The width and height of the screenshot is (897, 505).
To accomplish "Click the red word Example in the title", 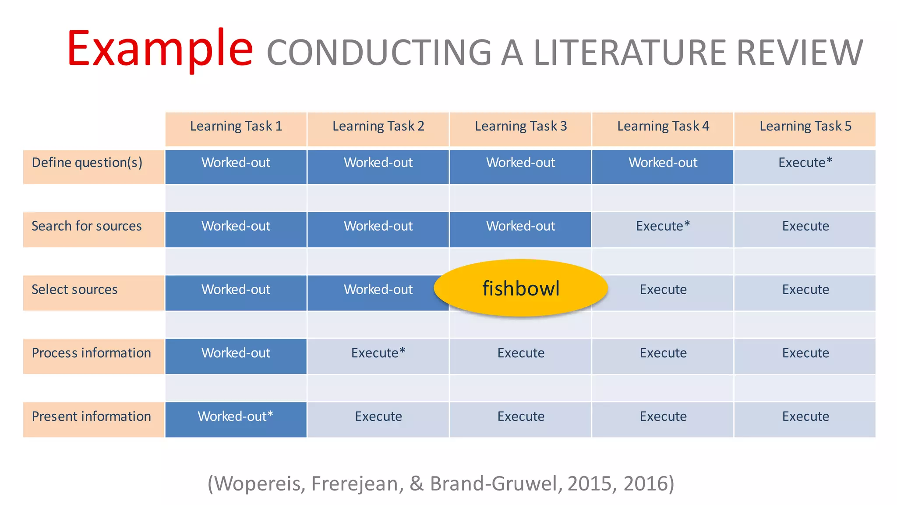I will coord(160,49).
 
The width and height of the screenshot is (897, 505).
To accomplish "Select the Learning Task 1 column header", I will coord(236,127).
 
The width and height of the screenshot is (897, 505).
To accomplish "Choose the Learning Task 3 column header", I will coord(521,127).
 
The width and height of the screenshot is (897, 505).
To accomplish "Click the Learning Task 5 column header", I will coord(805,127).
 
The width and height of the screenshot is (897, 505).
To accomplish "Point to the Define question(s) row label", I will coord(87,163).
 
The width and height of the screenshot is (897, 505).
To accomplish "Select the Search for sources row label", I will coord(87,226).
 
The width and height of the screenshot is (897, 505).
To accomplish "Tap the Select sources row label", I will coord(75,290).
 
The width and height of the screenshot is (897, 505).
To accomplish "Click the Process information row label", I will coord(91,353).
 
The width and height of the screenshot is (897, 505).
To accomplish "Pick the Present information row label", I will coord(91,416).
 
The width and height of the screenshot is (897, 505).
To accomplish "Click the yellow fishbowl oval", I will coord(521,288).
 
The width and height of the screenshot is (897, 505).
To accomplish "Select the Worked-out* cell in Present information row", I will coord(236,416).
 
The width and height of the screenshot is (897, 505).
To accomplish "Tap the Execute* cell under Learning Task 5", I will coord(805,163).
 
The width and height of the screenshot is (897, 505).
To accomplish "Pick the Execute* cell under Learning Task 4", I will coord(663,226).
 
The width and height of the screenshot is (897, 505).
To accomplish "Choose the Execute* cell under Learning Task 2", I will coord(378,353).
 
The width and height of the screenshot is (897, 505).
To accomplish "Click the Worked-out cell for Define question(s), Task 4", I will coord(663,163).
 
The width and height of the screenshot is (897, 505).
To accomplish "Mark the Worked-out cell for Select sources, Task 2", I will coord(378,290).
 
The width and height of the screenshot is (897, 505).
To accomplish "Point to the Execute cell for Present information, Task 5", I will coord(805,416).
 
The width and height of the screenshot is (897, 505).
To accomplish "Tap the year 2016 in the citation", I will coord(643,484).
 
